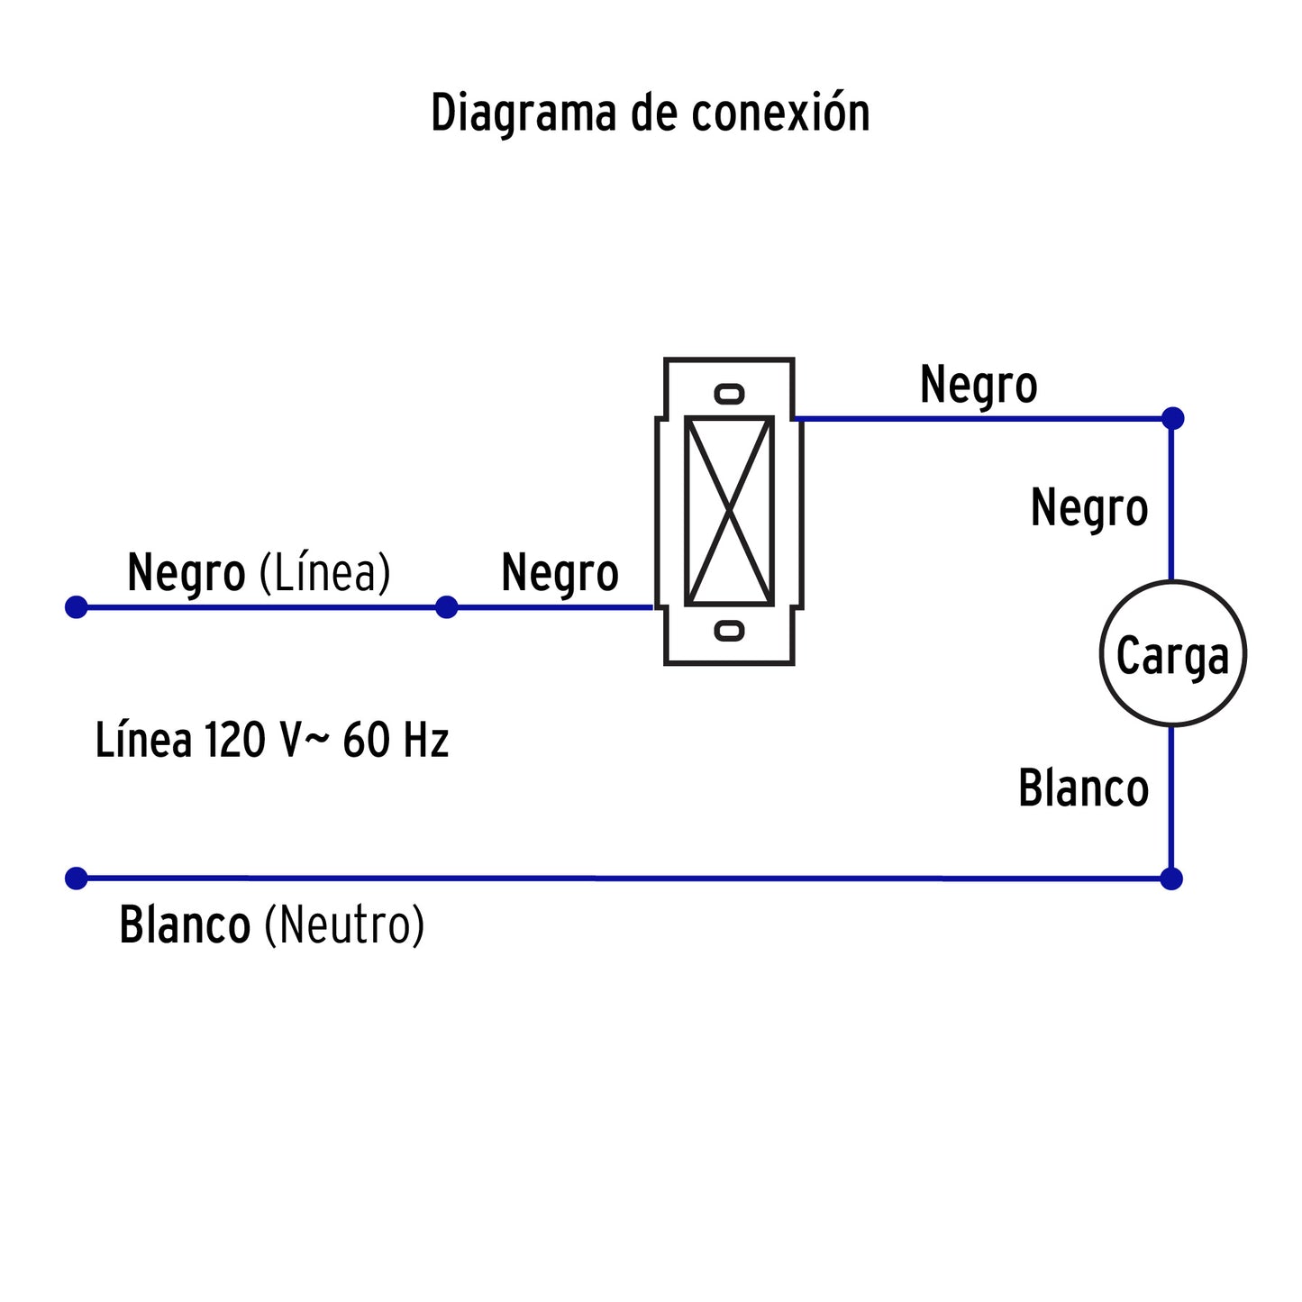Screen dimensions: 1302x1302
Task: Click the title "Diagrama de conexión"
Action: pos(650,114)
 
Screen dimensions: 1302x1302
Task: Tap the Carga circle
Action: pos(1172,653)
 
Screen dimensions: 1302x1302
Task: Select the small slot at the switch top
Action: pos(729,394)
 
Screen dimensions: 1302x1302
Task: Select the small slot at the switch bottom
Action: pos(729,631)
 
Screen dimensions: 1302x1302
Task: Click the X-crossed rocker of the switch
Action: pos(729,511)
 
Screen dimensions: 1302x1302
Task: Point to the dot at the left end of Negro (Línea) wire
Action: pos(77,607)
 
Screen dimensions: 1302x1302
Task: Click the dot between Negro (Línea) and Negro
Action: pos(446,607)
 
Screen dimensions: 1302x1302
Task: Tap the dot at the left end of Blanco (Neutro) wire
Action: pos(77,879)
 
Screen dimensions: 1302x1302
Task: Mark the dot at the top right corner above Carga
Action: pos(1172,418)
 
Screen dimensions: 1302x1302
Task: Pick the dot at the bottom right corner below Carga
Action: pos(1171,879)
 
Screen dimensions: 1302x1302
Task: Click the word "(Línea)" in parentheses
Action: pos(325,573)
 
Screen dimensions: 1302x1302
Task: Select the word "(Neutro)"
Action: pos(344,925)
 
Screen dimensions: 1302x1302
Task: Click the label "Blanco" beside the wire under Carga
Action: pos(1083,788)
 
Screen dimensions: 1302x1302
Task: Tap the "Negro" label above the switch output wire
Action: pos(979,386)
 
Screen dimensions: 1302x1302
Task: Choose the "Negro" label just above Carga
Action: pos(1088,508)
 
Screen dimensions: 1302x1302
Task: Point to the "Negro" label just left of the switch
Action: pos(560,574)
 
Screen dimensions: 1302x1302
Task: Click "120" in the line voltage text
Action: pos(234,741)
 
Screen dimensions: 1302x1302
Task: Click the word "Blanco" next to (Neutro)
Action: pos(185,925)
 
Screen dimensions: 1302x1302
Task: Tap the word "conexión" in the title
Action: pos(780,114)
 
